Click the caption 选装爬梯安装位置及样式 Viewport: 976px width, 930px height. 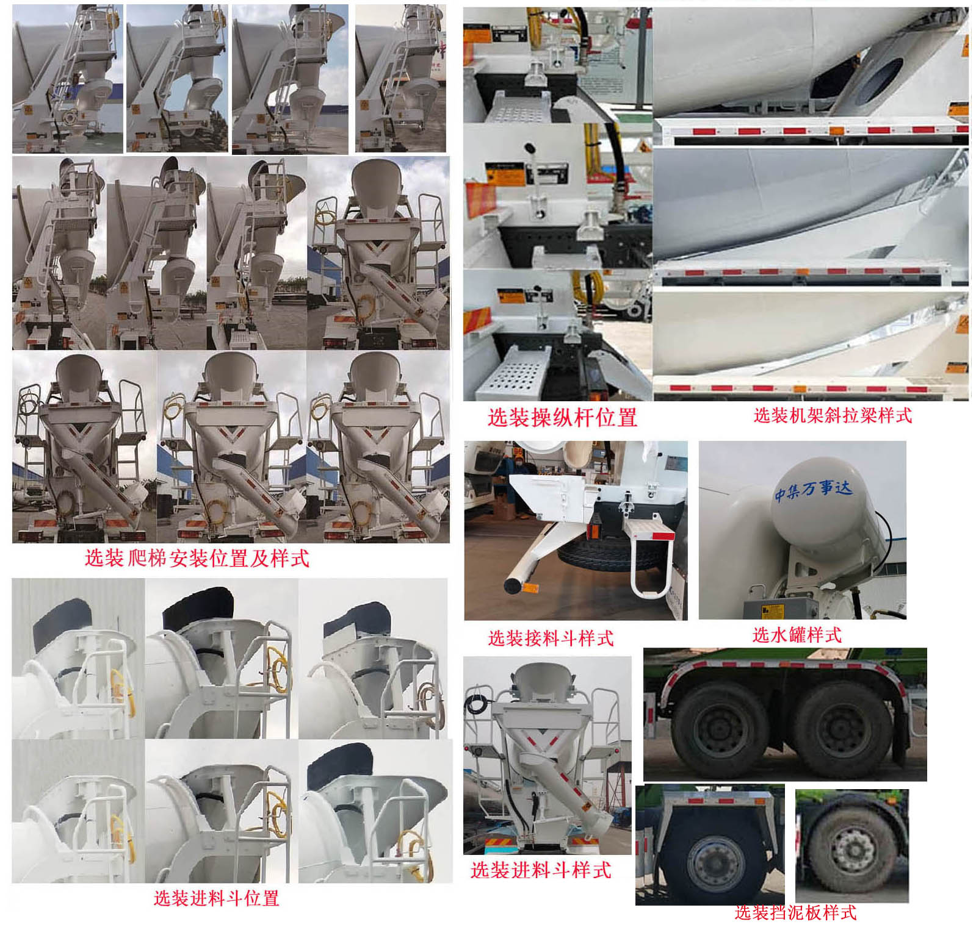197,558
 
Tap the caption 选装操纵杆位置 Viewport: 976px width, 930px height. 562,418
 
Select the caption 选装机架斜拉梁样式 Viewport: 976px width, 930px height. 833,416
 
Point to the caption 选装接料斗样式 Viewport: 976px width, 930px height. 551,638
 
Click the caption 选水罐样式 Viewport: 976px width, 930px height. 797,635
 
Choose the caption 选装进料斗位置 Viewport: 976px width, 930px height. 216,898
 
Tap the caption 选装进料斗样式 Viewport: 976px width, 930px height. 541,870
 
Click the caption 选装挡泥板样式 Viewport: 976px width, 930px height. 796,912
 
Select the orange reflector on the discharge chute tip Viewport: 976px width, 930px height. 528,588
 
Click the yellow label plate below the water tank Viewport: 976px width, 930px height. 772,610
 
